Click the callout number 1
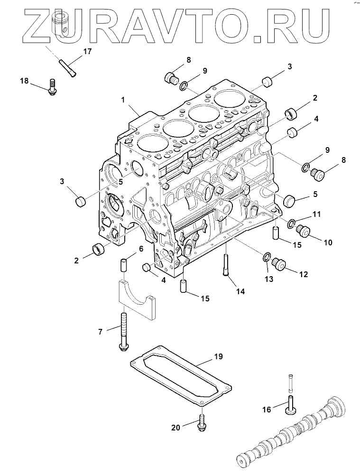tap(123, 100)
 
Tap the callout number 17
tap(88, 52)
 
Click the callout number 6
tap(141, 249)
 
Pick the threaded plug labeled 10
tap(302, 232)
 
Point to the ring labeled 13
tap(267, 258)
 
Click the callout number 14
tap(240, 291)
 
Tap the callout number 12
tap(303, 274)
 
